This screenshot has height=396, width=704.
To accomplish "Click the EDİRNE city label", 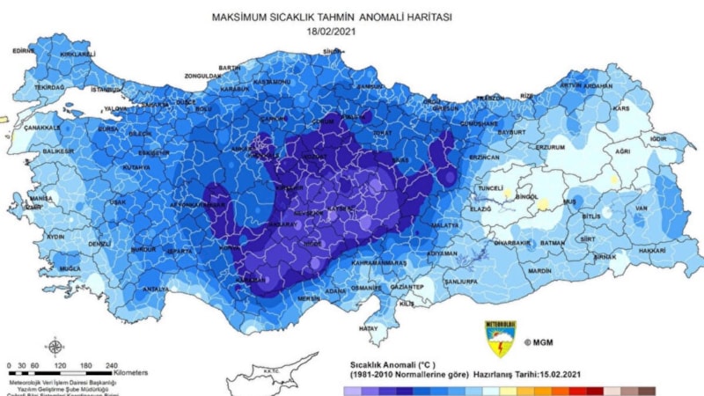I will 24,51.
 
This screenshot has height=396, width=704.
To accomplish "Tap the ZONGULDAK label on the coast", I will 203,76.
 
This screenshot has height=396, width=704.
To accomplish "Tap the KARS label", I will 621,108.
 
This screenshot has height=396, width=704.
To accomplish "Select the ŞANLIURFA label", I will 460,281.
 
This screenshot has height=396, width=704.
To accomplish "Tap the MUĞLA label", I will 70,268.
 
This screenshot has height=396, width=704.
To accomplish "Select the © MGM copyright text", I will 539,341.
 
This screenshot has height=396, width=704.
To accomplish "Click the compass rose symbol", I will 55,346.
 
